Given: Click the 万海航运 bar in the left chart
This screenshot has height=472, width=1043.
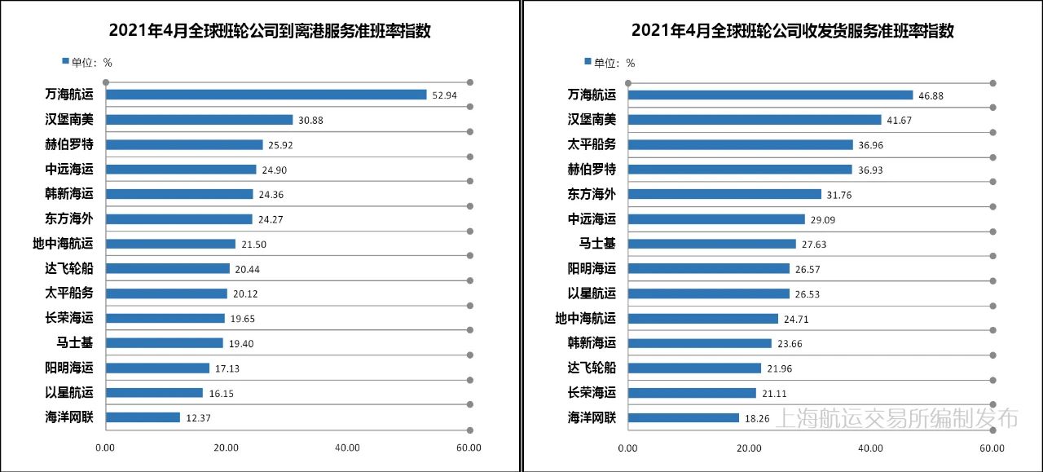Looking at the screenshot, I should tap(266, 95).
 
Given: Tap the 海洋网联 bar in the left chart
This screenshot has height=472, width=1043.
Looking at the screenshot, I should tap(143, 417).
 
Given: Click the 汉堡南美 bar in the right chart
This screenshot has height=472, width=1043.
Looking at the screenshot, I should tap(755, 120).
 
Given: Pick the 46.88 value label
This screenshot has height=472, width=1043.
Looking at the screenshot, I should tap(931, 95).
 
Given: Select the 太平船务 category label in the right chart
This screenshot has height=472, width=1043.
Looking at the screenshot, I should tap(592, 144).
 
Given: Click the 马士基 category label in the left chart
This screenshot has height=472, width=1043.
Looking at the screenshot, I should tap(75, 343).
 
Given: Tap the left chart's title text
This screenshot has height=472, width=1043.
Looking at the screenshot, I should tap(269, 32).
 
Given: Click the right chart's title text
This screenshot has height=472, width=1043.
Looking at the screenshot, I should tap(792, 32).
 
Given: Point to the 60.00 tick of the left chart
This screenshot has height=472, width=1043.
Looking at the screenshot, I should tap(469, 448).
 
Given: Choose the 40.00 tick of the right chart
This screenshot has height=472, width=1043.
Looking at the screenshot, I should tap(870, 448).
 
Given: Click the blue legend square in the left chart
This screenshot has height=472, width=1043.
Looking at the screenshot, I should tap(65, 61).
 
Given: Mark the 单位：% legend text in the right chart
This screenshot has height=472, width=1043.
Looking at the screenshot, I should tap(614, 63).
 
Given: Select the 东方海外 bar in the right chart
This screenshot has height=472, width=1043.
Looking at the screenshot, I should tap(724, 194).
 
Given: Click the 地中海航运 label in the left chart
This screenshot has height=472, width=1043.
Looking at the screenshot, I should tap(63, 244).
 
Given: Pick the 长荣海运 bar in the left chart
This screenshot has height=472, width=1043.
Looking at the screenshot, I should tap(165, 318).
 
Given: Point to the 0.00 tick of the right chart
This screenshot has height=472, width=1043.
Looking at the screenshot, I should tap(627, 448).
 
